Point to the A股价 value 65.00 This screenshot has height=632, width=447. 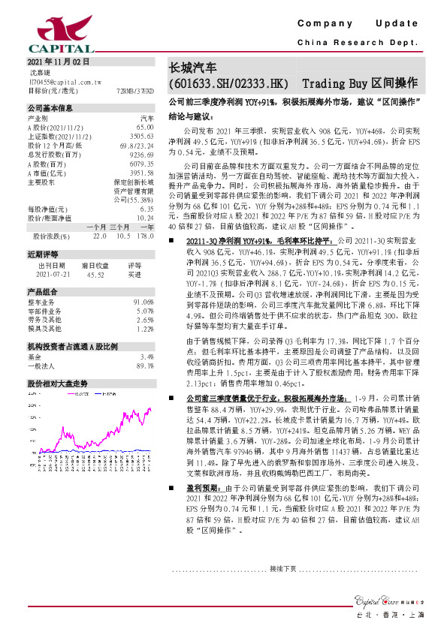tap(145, 128)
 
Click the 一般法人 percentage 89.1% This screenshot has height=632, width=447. tap(144, 366)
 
